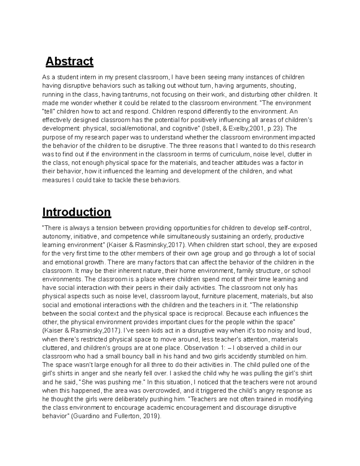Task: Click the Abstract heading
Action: point(69,62)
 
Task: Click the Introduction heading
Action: point(76,212)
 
